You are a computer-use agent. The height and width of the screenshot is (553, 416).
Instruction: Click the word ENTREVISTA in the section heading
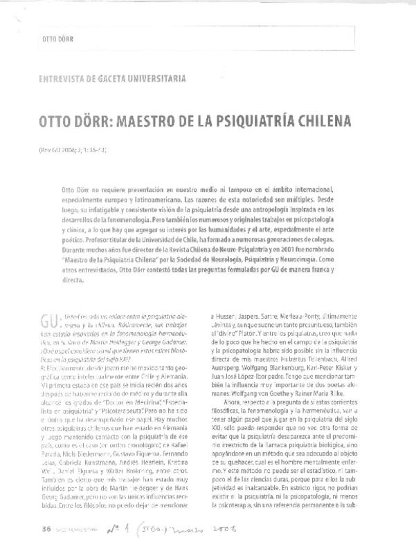[66, 78]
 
